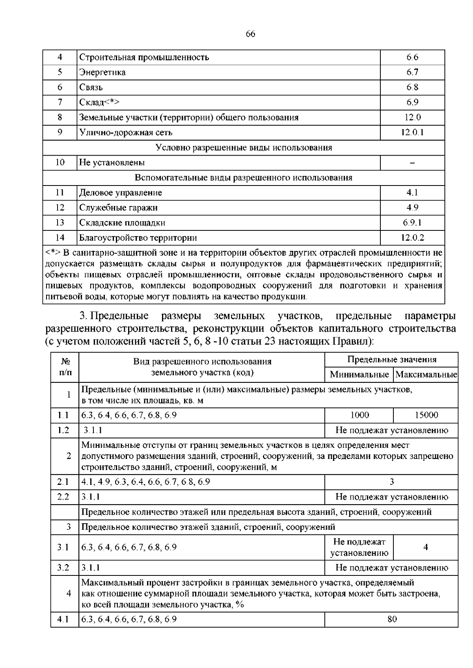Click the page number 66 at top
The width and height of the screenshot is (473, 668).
250,34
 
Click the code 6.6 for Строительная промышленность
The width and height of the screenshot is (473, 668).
412,58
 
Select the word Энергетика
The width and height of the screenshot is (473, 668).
102,72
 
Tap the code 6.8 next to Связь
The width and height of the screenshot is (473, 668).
412,87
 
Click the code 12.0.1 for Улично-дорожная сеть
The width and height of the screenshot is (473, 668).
412,132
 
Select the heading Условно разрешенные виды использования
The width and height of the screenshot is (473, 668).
244,148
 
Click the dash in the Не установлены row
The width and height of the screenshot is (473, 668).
412,163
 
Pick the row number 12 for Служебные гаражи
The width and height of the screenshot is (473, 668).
60,208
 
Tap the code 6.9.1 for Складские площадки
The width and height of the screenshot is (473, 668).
412,223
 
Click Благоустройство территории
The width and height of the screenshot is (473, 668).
138,238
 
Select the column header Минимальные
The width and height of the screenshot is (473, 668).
359,375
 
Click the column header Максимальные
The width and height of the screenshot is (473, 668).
426,375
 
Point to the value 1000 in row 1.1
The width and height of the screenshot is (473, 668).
359,415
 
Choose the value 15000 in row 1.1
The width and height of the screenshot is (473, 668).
426,415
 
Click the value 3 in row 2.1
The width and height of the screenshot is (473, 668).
391,482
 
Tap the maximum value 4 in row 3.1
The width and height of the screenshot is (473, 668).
426,547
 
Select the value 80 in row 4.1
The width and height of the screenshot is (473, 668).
391,620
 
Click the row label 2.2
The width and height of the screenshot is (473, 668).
63,497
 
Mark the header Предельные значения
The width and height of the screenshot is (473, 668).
391,360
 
